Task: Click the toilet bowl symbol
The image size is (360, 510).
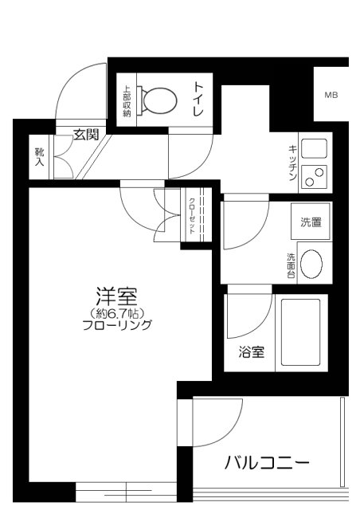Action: [158, 99]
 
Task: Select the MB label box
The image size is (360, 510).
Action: [331, 96]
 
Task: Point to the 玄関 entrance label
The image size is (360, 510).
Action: [85, 134]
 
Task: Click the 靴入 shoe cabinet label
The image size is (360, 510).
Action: [39, 157]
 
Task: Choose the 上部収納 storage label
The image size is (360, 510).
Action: [127, 101]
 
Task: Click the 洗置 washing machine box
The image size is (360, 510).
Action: [311, 223]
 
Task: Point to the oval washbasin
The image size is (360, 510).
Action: [312, 264]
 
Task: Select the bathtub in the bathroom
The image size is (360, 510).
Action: [300, 333]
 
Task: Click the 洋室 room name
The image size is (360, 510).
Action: [117, 296]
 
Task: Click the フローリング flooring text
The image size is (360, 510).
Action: [117, 325]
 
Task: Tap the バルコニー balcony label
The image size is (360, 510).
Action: [265, 461]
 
